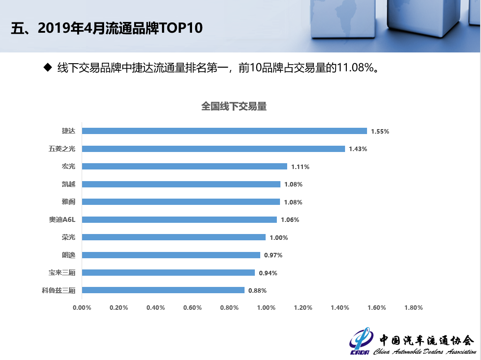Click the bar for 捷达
(x=224, y=131)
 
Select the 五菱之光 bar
(x=213, y=149)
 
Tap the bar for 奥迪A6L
(x=179, y=220)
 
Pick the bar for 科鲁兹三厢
(x=163, y=290)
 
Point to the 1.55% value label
(x=380, y=131)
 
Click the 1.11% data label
(x=300, y=167)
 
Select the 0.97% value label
(x=273, y=255)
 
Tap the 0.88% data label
(x=258, y=291)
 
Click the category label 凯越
(x=69, y=184)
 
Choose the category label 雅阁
(x=69, y=202)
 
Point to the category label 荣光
(x=69, y=237)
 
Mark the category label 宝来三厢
(x=62, y=273)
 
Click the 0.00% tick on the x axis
(x=82, y=308)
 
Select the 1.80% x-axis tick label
(x=413, y=308)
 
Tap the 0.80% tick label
(x=229, y=308)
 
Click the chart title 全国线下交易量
(x=234, y=106)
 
